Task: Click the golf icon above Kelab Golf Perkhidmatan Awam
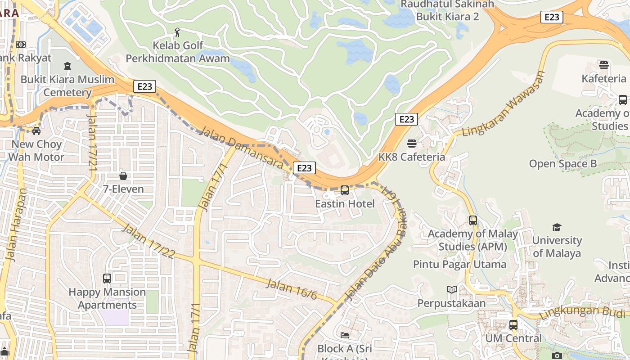point(178,32)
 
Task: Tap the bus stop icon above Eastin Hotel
point(345,190)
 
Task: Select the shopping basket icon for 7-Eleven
point(123,175)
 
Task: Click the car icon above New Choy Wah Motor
point(36,130)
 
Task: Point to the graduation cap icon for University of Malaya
point(557,227)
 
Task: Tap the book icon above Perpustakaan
point(451,289)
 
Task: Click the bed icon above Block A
point(345,335)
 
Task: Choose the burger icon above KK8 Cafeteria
point(412,144)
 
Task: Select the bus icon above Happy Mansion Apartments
point(107,278)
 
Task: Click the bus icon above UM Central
point(513,324)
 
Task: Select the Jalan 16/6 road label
point(292,289)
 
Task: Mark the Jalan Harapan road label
point(16,225)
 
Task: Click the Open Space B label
point(563,164)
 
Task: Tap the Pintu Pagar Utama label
point(459,264)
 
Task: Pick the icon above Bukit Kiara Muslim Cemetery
point(67,67)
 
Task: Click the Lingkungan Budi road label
point(584,310)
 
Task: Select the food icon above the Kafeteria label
point(604,65)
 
